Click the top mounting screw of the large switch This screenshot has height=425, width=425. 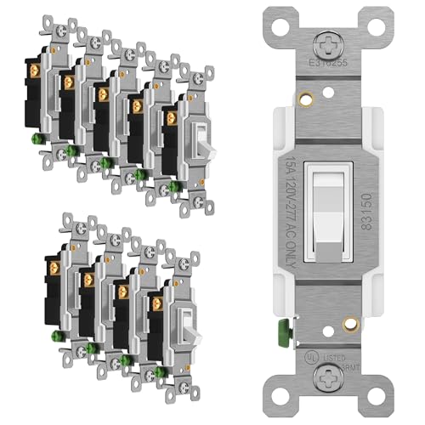(x=324, y=40)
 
